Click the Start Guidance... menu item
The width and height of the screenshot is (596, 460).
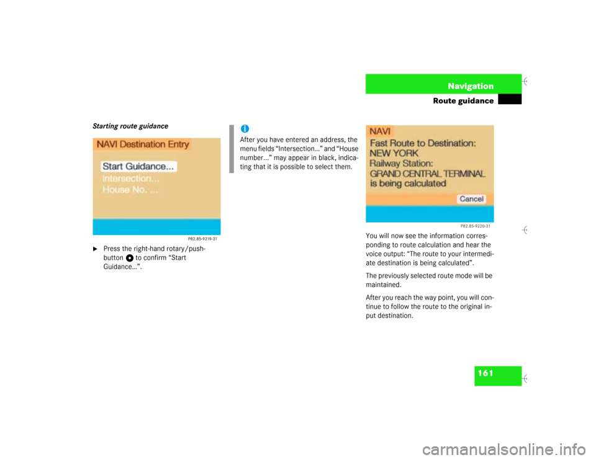click(x=138, y=166)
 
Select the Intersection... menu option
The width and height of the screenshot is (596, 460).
click(x=130, y=179)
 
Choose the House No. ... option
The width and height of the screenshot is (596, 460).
click(x=130, y=190)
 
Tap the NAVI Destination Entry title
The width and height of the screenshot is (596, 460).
click(x=143, y=144)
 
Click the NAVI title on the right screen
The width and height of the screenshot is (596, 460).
click(x=380, y=131)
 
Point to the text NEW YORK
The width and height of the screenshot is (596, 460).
click(x=394, y=153)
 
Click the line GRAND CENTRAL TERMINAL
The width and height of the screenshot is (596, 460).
click(x=427, y=174)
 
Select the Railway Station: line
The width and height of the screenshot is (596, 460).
click(x=402, y=163)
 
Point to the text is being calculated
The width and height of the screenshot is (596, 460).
click(x=407, y=184)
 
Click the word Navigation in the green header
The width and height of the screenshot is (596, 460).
click(x=470, y=86)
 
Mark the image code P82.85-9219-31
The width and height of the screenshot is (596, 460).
click(x=201, y=239)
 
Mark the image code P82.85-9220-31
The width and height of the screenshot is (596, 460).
click(x=475, y=226)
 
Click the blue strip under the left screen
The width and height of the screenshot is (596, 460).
click(x=156, y=227)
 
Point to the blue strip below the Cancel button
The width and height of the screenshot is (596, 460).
click(x=429, y=214)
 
